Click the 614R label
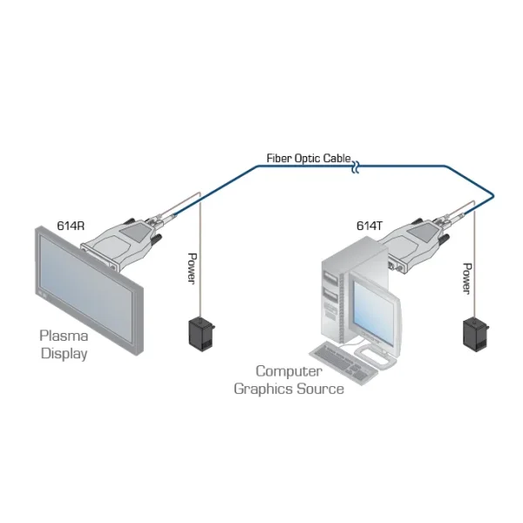pyautogui.click(x=70, y=225)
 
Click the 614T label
pyautogui.click(x=369, y=225)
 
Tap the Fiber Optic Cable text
pyautogui.click(x=309, y=159)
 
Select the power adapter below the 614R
pyautogui.click(x=203, y=333)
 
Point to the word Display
pyautogui.click(x=64, y=354)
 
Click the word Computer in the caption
pyautogui.click(x=289, y=370)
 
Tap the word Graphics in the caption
pyautogui.click(x=263, y=388)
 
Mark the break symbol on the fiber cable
pyautogui.click(x=355, y=163)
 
